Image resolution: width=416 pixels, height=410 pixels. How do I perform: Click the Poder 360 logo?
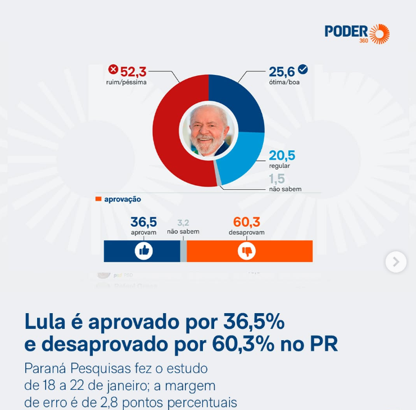click(357, 33)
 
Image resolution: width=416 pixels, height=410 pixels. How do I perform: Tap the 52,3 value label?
click(133, 72)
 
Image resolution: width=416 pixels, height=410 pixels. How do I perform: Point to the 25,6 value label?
click(282, 72)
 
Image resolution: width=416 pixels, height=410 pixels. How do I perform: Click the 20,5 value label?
click(282, 155)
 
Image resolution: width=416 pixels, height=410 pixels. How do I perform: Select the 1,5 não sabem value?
click(277, 179)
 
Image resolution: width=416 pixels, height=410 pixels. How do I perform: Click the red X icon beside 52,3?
click(113, 70)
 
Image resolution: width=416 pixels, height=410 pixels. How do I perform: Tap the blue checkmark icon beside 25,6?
click(303, 69)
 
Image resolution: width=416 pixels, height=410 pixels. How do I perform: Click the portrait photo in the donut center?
click(209, 131)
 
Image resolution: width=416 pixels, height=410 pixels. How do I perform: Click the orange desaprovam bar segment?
click(281, 251)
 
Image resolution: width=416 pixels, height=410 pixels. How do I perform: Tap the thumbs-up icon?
click(144, 251)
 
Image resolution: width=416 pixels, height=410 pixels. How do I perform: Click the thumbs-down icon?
click(246, 251)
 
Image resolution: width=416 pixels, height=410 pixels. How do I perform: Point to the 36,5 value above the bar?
click(143, 222)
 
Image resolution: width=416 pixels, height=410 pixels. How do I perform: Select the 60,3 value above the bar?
click(246, 222)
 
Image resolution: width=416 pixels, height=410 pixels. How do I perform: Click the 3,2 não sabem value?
click(183, 222)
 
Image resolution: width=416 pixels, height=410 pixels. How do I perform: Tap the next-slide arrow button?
click(396, 262)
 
